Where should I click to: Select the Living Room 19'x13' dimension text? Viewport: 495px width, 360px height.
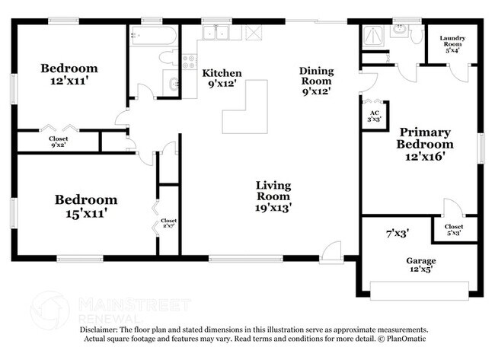tap(273, 208)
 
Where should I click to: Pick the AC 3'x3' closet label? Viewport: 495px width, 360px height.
tap(375, 116)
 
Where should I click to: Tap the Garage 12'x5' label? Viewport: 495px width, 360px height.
tap(421, 265)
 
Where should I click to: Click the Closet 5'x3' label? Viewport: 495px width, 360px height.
tap(454, 230)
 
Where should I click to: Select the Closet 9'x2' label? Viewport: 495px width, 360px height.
tap(59, 142)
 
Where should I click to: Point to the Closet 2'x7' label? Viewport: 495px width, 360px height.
tap(168, 223)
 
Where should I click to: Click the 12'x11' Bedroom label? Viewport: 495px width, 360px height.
tap(69, 75)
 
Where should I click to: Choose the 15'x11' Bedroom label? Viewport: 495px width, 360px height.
tap(86, 206)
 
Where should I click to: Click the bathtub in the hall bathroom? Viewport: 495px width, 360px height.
tap(153, 36)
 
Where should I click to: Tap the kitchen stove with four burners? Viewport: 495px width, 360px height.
tap(190, 62)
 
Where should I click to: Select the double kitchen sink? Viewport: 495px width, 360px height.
tap(216, 33)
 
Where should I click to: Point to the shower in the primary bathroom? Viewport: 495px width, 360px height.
tap(373, 36)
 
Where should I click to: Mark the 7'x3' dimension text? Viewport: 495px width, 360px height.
tap(398, 234)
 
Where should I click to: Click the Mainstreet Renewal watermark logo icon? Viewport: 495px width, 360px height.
tap(49, 311)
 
